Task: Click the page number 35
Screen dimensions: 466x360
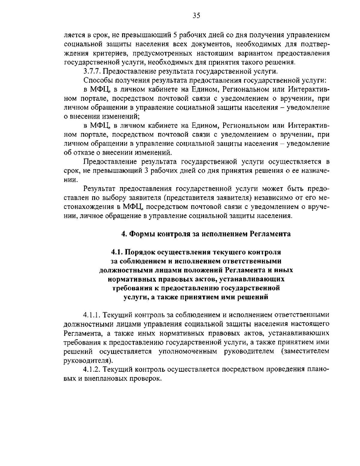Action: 196,16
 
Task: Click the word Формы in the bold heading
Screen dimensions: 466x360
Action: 140,234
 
